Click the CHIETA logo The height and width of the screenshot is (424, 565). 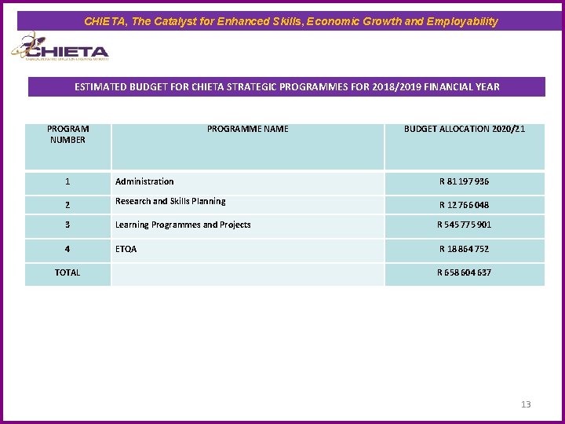pos(60,49)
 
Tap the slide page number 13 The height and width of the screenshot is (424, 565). pos(526,404)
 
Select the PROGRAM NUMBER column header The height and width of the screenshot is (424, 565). pos(68,134)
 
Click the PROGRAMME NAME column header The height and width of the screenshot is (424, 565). pos(247,129)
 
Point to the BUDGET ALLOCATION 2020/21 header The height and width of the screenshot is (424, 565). pos(465,129)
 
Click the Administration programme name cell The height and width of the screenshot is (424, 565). pos(144,181)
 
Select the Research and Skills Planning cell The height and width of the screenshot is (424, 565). pos(170,202)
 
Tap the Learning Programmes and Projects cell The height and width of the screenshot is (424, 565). pos(183,225)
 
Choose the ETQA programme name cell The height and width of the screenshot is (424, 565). pos(126,249)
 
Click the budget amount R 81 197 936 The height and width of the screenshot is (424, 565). pos(464,181)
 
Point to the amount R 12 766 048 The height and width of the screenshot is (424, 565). pos(464,205)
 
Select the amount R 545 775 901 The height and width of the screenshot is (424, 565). pos(464,225)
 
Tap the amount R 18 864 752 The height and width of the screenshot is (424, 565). pos(464,249)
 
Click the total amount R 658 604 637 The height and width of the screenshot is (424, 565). pos(464,272)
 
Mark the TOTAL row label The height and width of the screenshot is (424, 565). pos(67,272)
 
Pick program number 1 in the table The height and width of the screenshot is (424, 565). pos(67,181)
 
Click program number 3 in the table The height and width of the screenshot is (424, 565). pos(67,225)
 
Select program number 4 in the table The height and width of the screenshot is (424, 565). pos(67,249)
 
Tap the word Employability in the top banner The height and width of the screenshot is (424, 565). pos(462,21)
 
